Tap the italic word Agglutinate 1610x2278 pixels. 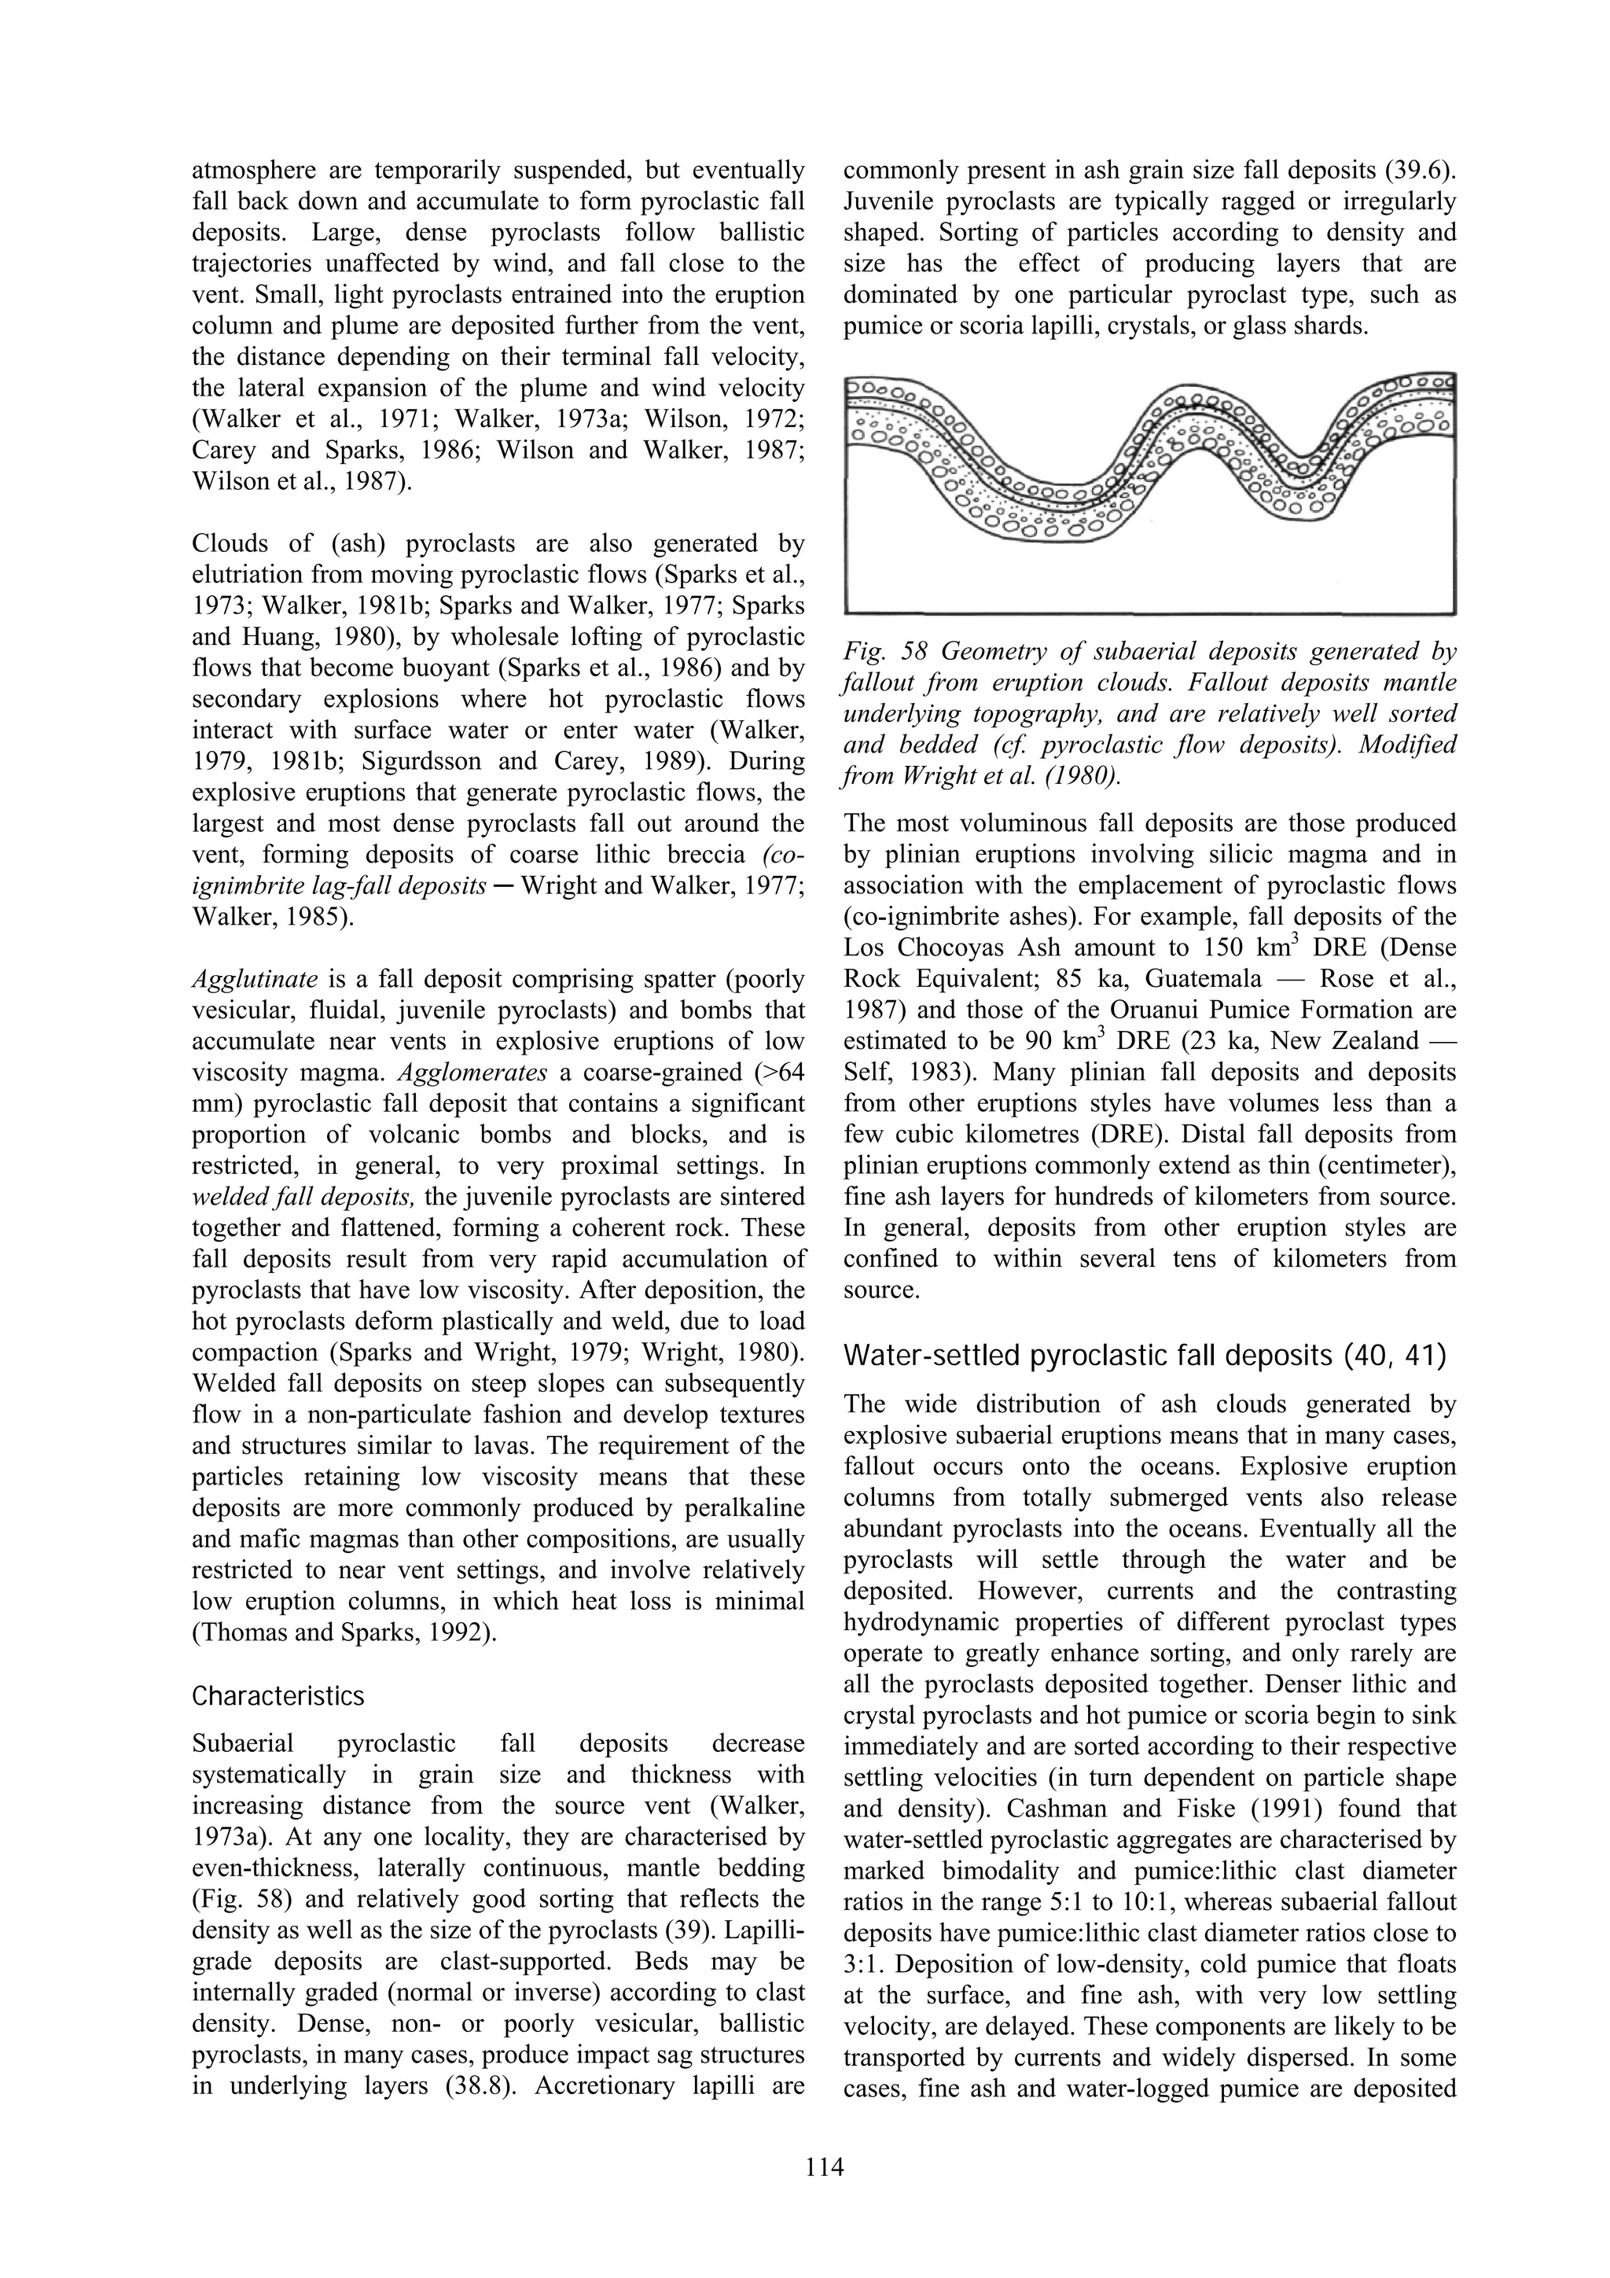(254, 979)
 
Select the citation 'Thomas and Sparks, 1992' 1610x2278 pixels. (337, 1632)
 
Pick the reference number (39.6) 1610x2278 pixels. (1421, 171)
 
